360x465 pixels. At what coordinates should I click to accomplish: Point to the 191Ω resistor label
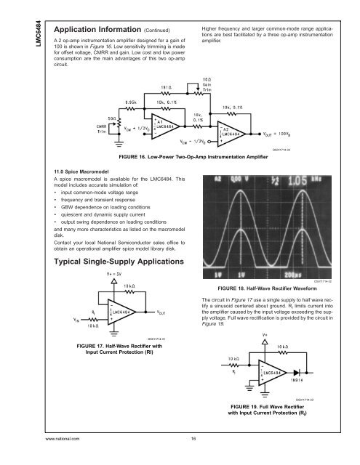tap(166, 84)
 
